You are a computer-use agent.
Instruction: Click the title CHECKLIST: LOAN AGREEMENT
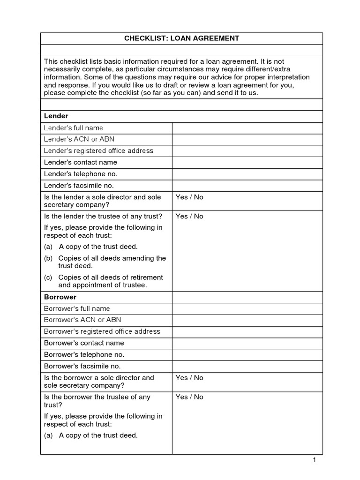pyautogui.click(x=181, y=38)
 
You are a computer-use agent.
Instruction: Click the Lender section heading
pyautogui.click(x=56, y=116)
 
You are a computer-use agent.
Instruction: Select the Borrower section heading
pyautogui.click(x=60, y=297)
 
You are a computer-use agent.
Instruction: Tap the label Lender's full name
pyautogui.click(x=73, y=128)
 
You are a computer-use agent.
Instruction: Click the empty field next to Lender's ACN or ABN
pyautogui.click(x=247, y=139)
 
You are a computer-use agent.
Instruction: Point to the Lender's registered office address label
pyautogui.click(x=98, y=151)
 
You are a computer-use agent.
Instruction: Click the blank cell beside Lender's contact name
pyautogui.click(x=247, y=162)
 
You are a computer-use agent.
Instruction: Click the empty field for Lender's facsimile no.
pyautogui.click(x=247, y=185)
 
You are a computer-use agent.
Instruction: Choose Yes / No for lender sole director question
pyautogui.click(x=189, y=197)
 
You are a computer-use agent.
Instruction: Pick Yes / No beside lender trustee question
pyautogui.click(x=189, y=217)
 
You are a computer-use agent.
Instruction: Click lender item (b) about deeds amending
pyautogui.click(x=105, y=262)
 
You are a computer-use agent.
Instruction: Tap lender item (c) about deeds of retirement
pyautogui.click(x=104, y=281)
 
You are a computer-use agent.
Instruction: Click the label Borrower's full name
pyautogui.click(x=77, y=308)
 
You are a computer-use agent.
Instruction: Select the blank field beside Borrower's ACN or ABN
pyautogui.click(x=247, y=320)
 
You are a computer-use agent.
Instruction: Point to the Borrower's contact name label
pyautogui.click(x=84, y=343)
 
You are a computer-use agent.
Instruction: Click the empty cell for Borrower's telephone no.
pyautogui.click(x=247, y=354)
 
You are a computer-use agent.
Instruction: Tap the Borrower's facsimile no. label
pyautogui.click(x=82, y=366)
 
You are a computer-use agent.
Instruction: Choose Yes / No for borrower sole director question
pyautogui.click(x=189, y=378)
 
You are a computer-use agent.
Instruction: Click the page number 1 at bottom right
pyautogui.click(x=315, y=460)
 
